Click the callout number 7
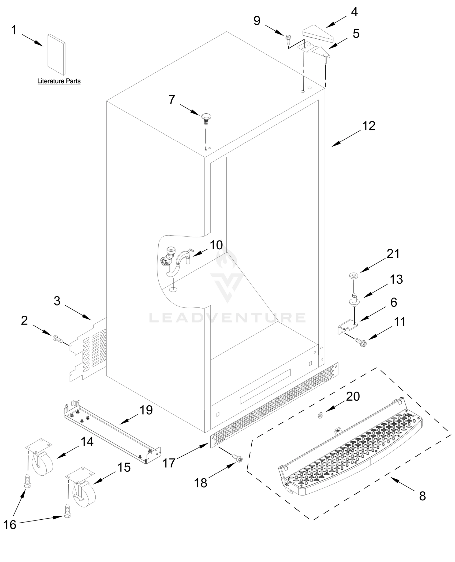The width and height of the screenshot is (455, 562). point(172,100)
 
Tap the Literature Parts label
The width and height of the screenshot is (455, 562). point(59,81)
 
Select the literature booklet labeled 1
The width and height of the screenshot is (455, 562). point(56,54)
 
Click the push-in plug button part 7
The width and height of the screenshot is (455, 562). point(206,118)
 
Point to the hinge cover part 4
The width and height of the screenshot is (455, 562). point(317,33)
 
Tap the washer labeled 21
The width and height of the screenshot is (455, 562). point(354,276)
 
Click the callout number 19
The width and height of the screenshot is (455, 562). point(146,410)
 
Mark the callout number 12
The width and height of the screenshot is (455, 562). point(369,126)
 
